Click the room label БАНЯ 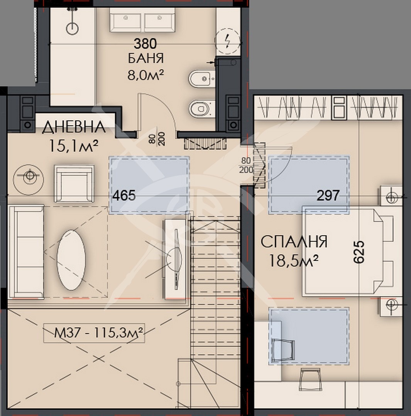[x=145, y=58]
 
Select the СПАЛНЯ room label [x=294, y=242]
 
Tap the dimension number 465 [x=124, y=196]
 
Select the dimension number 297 [x=328, y=196]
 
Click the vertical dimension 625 [x=359, y=252]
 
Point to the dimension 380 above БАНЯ [x=145, y=43]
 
